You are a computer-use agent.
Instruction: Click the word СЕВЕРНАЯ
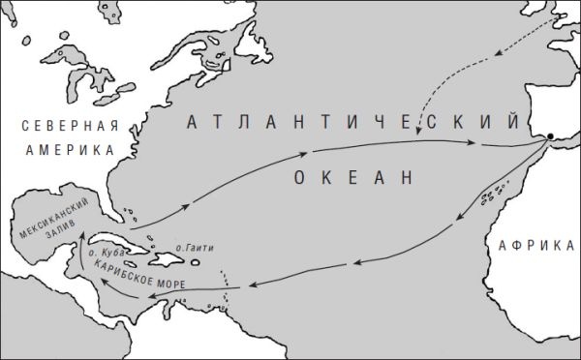(61, 126)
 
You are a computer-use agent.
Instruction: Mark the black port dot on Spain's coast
(550, 136)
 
